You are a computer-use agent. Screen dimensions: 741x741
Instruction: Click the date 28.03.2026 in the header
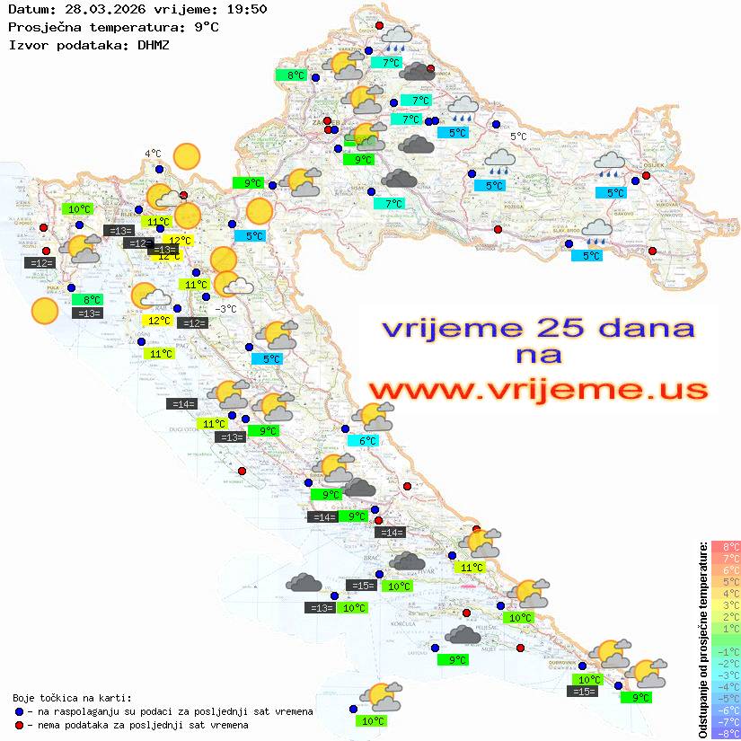[x=99, y=9]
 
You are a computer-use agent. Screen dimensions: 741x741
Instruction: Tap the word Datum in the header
[x=27, y=9]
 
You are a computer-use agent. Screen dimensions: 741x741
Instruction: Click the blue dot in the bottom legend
[x=19, y=711]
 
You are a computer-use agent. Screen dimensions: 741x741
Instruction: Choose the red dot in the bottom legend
[x=19, y=725]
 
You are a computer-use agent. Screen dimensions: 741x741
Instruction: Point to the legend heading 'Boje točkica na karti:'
[x=72, y=698]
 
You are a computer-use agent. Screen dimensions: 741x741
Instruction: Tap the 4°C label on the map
[x=153, y=154]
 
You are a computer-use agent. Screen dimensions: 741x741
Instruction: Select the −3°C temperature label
[x=226, y=309]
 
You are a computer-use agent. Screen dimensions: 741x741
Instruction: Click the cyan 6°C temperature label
[x=367, y=441]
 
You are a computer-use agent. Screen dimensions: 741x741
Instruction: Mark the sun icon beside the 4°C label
[x=187, y=157]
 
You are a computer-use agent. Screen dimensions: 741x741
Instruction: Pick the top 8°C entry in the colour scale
[x=725, y=547]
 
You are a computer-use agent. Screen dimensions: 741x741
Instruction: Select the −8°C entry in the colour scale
[x=725, y=734]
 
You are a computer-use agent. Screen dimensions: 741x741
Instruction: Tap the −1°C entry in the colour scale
[x=725, y=651]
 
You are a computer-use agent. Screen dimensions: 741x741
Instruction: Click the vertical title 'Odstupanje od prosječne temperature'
[x=702, y=639]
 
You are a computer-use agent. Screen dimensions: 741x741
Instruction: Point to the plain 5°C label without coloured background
[x=518, y=137]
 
